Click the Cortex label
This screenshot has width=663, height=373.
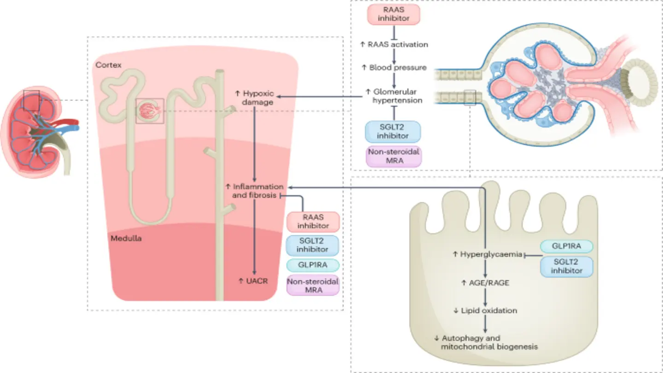(108, 65)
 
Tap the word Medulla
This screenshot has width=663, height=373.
(126, 239)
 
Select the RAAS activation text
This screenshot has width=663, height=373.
(394, 45)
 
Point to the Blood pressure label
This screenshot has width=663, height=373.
(394, 68)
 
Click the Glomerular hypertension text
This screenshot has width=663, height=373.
(394, 95)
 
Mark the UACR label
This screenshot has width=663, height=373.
(253, 280)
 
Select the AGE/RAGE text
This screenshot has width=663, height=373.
(485, 283)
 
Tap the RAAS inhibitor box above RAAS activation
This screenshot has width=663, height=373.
(394, 13)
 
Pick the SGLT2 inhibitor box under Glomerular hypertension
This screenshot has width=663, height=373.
(393, 131)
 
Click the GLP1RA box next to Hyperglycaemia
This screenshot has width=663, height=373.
(567, 246)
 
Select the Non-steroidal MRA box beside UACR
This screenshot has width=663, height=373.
(313, 286)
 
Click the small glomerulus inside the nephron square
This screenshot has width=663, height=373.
(149, 111)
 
